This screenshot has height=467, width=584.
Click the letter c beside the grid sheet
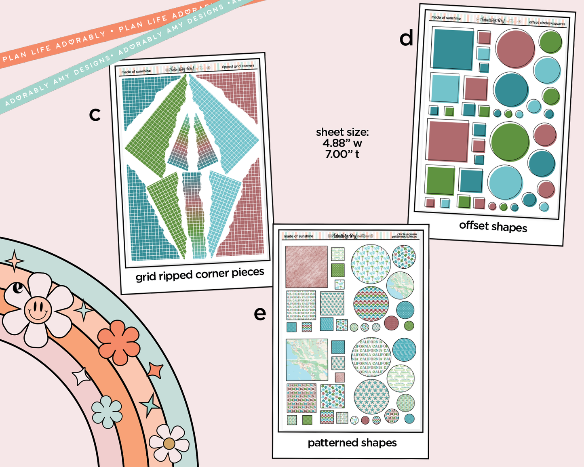[x=95, y=115]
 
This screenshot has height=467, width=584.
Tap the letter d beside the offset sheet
[x=406, y=39]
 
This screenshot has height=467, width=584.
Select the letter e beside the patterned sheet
[x=260, y=314]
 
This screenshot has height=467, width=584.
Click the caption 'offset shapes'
[x=493, y=227]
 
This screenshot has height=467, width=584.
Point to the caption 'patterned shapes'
[x=352, y=443]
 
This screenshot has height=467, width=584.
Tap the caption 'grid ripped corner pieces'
[x=200, y=275]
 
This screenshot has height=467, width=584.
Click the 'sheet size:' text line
[x=342, y=132]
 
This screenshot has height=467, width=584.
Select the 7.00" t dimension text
[x=342, y=154]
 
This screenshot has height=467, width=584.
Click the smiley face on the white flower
[x=38, y=310]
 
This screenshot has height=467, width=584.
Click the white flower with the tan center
[x=169, y=444]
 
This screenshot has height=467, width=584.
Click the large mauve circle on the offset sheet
[x=515, y=48]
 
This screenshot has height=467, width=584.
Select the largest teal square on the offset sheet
[x=453, y=48]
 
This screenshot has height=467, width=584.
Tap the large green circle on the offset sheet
[x=510, y=142]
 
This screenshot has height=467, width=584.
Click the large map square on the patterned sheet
[x=307, y=360]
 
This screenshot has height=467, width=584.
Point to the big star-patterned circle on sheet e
[x=371, y=397]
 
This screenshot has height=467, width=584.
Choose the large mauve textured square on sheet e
[x=306, y=267]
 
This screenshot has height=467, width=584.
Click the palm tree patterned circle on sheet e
[x=370, y=264]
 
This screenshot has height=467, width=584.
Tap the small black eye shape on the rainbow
[x=18, y=288]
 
